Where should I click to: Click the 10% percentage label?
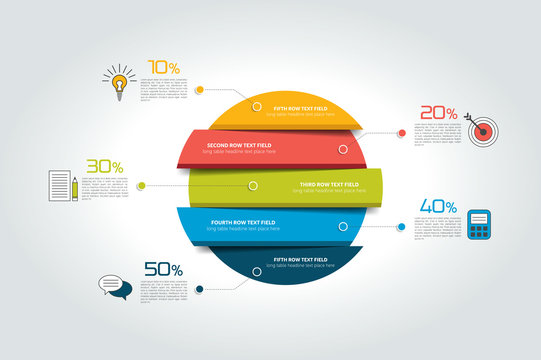[x=163, y=68]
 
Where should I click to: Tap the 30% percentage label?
[x=104, y=166]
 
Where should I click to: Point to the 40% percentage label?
[x=438, y=206]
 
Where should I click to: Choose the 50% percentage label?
[x=163, y=269]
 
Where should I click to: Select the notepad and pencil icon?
[x=62, y=186]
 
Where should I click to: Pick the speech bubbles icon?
[x=114, y=287]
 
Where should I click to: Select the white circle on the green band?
[x=254, y=185]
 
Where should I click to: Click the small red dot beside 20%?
[x=402, y=132]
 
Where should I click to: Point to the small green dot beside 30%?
[x=141, y=186]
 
